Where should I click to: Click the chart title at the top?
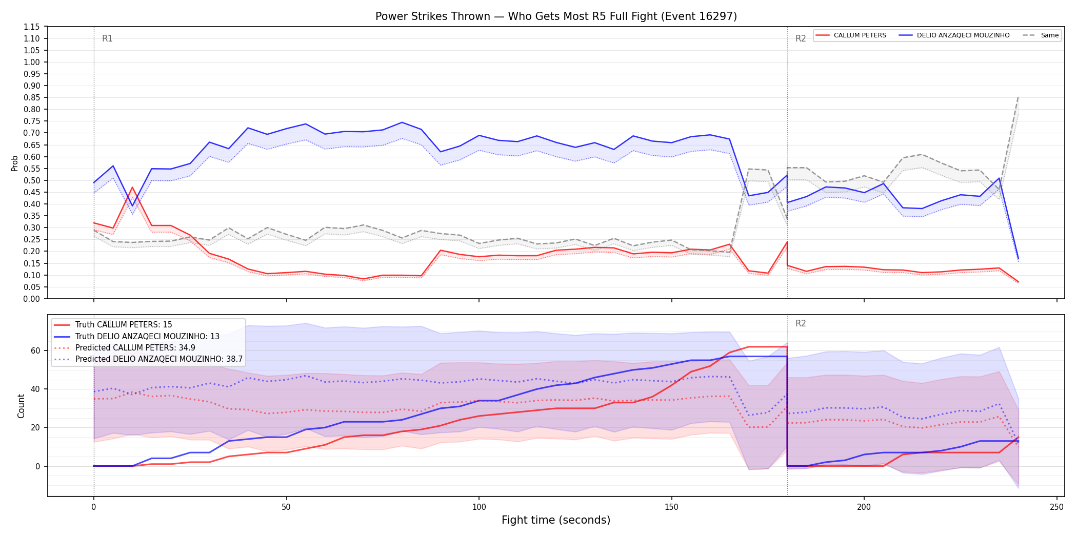pyautogui.click(x=556, y=16)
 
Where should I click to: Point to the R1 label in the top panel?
pyautogui.click(x=107, y=38)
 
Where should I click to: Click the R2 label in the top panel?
pyautogui.click(x=801, y=38)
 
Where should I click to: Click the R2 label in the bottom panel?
pyautogui.click(x=801, y=323)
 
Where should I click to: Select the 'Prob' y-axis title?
pyautogui.click(x=15, y=163)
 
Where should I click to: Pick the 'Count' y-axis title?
pyautogui.click(x=21, y=406)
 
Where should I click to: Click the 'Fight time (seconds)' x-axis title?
pyautogui.click(x=556, y=520)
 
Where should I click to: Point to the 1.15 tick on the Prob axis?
pyautogui.click(x=32, y=27)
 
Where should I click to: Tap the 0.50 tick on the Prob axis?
pyautogui.click(x=32, y=180)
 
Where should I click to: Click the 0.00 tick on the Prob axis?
pyautogui.click(x=32, y=299)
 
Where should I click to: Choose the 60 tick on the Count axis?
pyautogui.click(x=35, y=351)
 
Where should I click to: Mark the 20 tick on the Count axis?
pyautogui.click(x=35, y=428)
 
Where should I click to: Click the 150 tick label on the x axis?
pyautogui.click(x=671, y=507)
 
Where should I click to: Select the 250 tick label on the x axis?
pyautogui.click(x=1056, y=507)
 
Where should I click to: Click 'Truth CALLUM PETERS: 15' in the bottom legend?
pyautogui.click(x=124, y=325)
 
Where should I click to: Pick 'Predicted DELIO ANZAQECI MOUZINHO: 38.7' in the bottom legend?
pyautogui.click(x=159, y=359)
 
